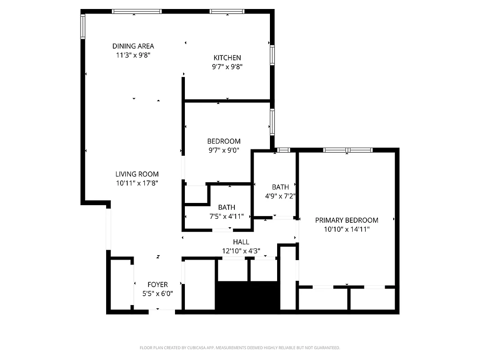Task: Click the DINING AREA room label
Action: click(x=133, y=46)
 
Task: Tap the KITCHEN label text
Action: click(x=227, y=58)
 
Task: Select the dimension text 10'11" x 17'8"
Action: click(x=137, y=183)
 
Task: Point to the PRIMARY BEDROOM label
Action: click(x=346, y=220)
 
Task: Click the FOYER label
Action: click(x=157, y=284)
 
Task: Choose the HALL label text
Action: click(x=241, y=242)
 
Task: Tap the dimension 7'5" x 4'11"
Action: click(x=227, y=216)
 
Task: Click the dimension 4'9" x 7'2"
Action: click(x=280, y=196)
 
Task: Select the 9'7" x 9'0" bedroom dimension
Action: click(x=224, y=151)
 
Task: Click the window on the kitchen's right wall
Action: click(x=272, y=55)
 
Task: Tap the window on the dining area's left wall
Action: click(x=83, y=26)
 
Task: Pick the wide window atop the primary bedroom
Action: click(x=347, y=150)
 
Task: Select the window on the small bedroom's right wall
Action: click(x=272, y=121)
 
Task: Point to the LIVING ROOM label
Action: click(x=137, y=174)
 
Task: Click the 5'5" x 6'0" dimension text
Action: click(x=157, y=293)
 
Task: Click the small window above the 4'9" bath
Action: click(x=283, y=150)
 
